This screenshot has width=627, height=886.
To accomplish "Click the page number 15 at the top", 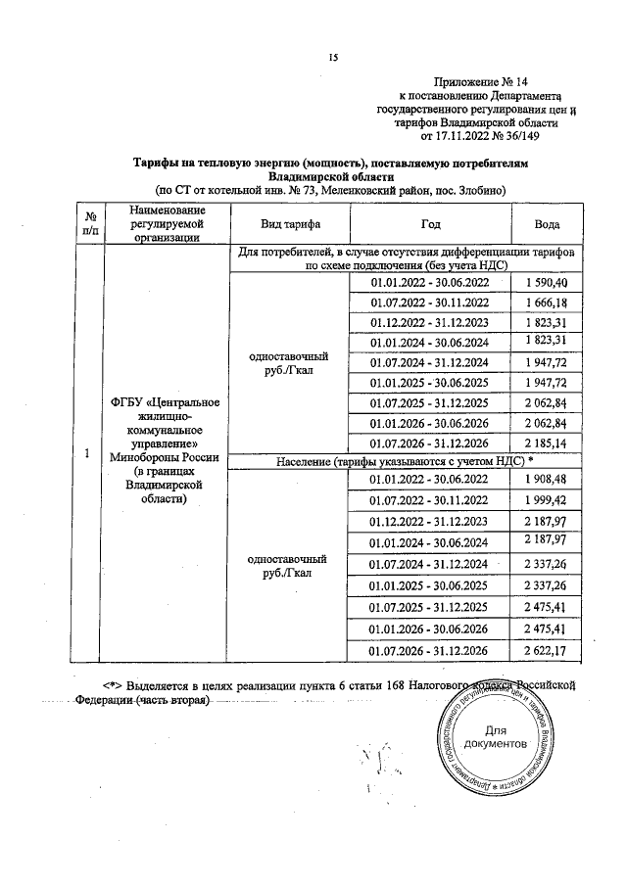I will coord(332,59).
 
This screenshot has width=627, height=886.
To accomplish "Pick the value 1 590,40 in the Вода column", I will coord(549,283).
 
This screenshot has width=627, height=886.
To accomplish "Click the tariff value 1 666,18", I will coord(549,303).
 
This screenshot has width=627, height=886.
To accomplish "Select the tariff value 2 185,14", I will coord(549,443).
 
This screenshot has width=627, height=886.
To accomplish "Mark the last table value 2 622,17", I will coord(549,650).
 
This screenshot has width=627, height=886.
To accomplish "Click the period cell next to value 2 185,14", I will coord(429,443).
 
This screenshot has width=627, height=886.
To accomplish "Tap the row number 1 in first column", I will coord(88,453).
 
